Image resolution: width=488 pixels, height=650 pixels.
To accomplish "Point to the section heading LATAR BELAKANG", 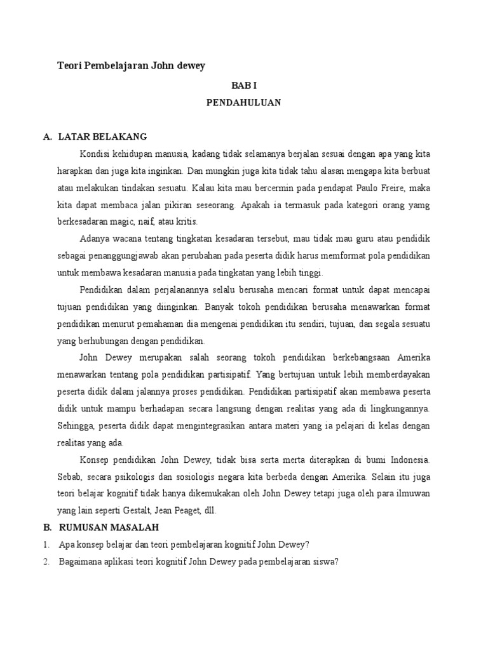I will (x=102, y=136).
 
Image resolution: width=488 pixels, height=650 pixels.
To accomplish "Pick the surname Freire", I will (x=401, y=188).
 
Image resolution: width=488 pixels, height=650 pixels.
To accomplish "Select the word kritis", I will (x=187, y=222).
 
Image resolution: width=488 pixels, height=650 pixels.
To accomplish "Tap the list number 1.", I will (x=46, y=545).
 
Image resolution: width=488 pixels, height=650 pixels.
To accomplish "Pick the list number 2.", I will (x=46, y=562).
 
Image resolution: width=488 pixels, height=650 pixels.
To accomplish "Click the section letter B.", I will (x=46, y=527).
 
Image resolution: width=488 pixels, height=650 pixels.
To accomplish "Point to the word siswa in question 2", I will (x=323, y=562).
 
